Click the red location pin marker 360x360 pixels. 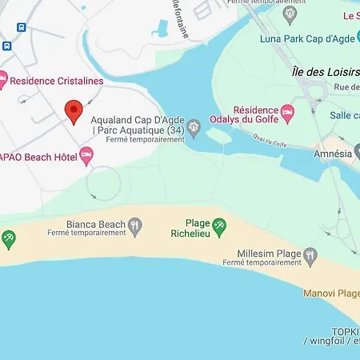[x=74, y=112]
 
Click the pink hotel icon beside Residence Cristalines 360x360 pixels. [x=2, y=80]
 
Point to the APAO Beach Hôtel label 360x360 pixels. [x=38, y=157]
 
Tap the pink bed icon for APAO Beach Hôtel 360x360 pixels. [x=87, y=157]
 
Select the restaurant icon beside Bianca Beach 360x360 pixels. [x=135, y=227]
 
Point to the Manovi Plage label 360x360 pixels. [x=331, y=293]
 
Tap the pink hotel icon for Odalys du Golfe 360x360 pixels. [x=287, y=111]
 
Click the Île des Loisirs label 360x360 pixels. [x=322, y=73]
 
